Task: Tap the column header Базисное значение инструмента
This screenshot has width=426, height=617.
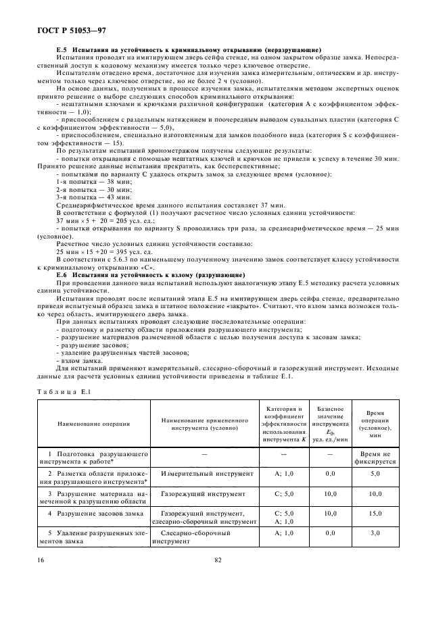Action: pyautogui.click(x=331, y=423)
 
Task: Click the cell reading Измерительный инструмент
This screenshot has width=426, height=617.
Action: pyautogui.click(x=197, y=475)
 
